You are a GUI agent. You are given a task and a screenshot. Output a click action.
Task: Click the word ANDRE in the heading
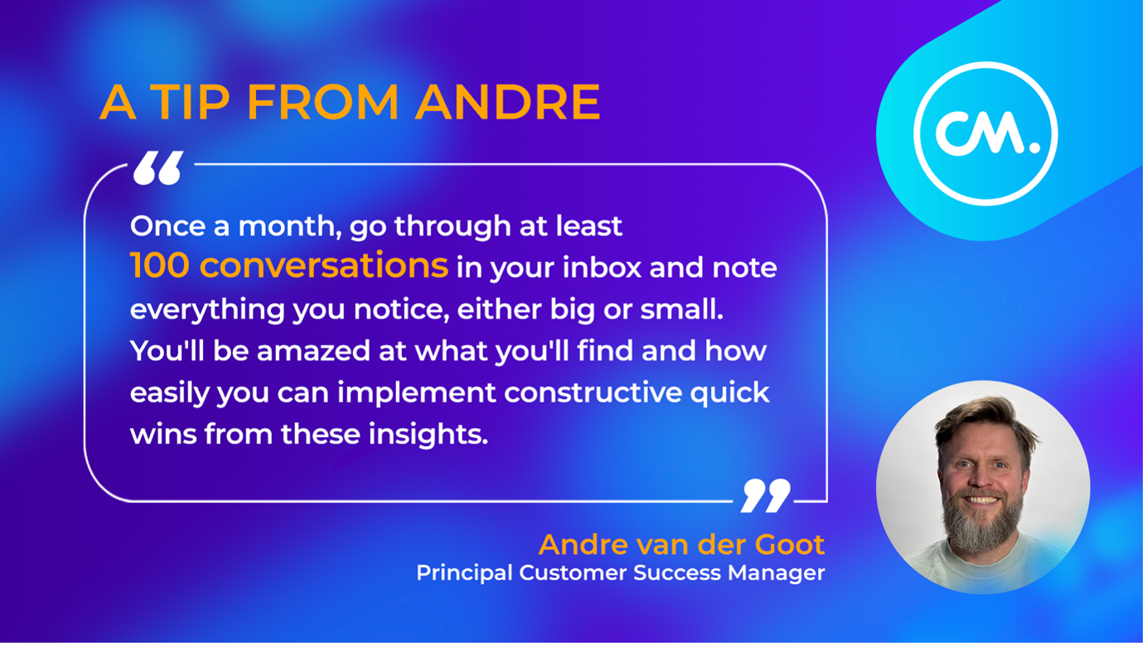pos(508,103)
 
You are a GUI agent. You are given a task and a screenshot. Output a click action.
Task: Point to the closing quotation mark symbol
pos(766,495)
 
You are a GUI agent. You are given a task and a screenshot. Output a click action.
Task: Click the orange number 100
pos(160,266)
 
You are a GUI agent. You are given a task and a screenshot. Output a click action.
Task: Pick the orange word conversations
pos(323,266)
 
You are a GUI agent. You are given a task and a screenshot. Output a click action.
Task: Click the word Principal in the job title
pos(464,573)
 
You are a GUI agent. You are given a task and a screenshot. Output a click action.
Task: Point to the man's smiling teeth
pos(983,500)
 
